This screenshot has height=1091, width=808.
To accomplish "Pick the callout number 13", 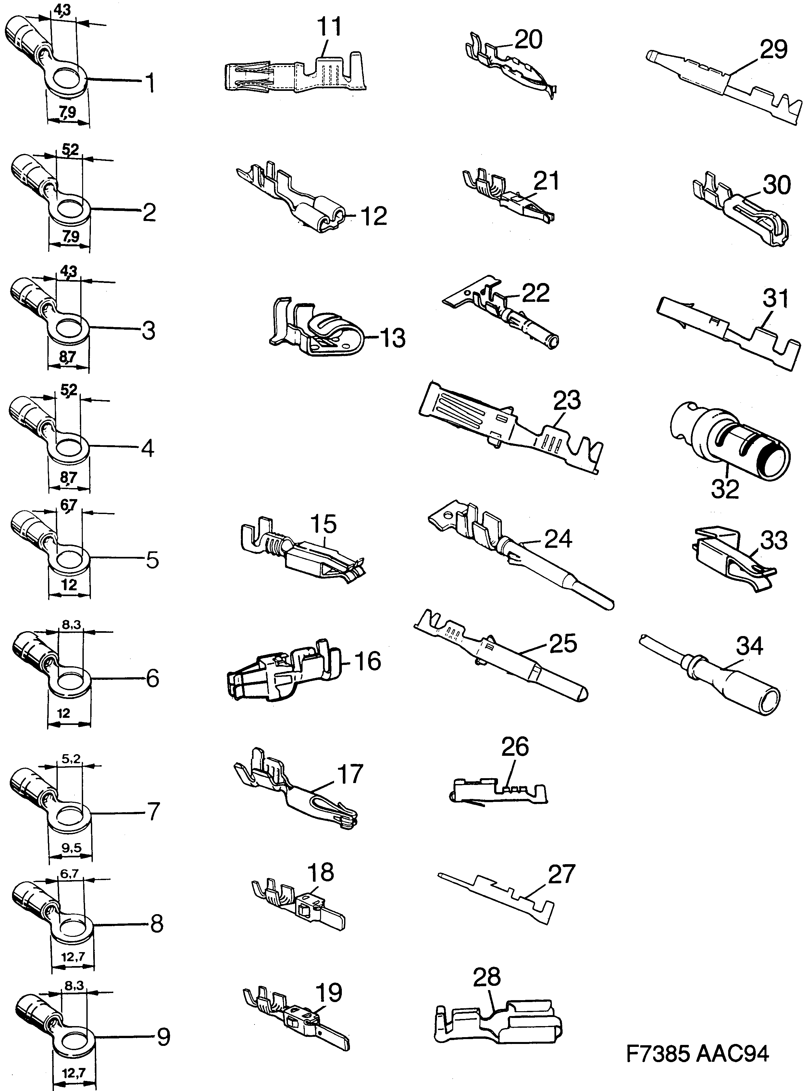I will pos(392,338).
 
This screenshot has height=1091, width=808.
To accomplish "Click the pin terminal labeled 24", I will pos(518,555).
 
